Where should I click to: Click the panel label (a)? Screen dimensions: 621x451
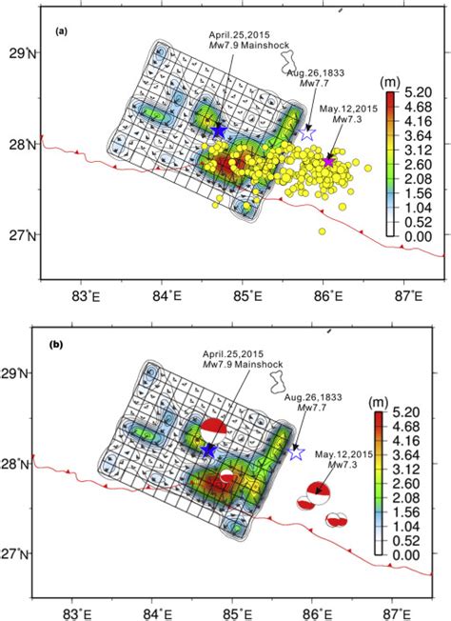tap(61, 31)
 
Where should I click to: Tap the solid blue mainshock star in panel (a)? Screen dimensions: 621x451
tap(219, 130)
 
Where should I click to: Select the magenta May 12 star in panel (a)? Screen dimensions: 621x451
tap(329, 160)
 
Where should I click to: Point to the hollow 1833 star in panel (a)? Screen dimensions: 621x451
tap(306, 134)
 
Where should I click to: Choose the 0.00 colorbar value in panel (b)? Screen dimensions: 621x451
tap(405, 554)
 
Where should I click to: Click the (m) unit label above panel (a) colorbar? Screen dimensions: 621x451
tap(389, 80)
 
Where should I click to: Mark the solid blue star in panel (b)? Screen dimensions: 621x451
tap(208, 450)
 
